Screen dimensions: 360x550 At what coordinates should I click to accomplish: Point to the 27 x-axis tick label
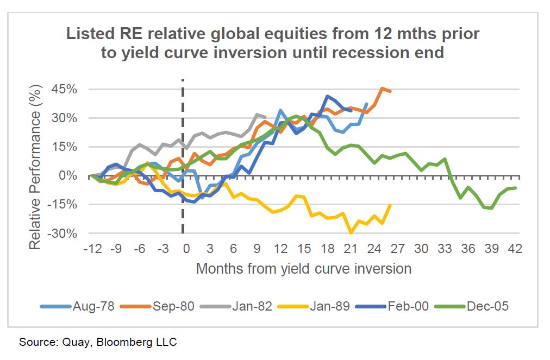tap(398, 249)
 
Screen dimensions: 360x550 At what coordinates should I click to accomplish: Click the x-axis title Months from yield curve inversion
tap(303, 268)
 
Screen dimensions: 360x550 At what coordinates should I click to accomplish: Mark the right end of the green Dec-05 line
tap(515, 188)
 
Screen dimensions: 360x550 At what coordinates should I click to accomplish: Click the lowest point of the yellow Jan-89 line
tap(352, 233)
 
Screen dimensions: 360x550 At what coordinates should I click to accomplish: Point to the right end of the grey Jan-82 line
tap(265, 117)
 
